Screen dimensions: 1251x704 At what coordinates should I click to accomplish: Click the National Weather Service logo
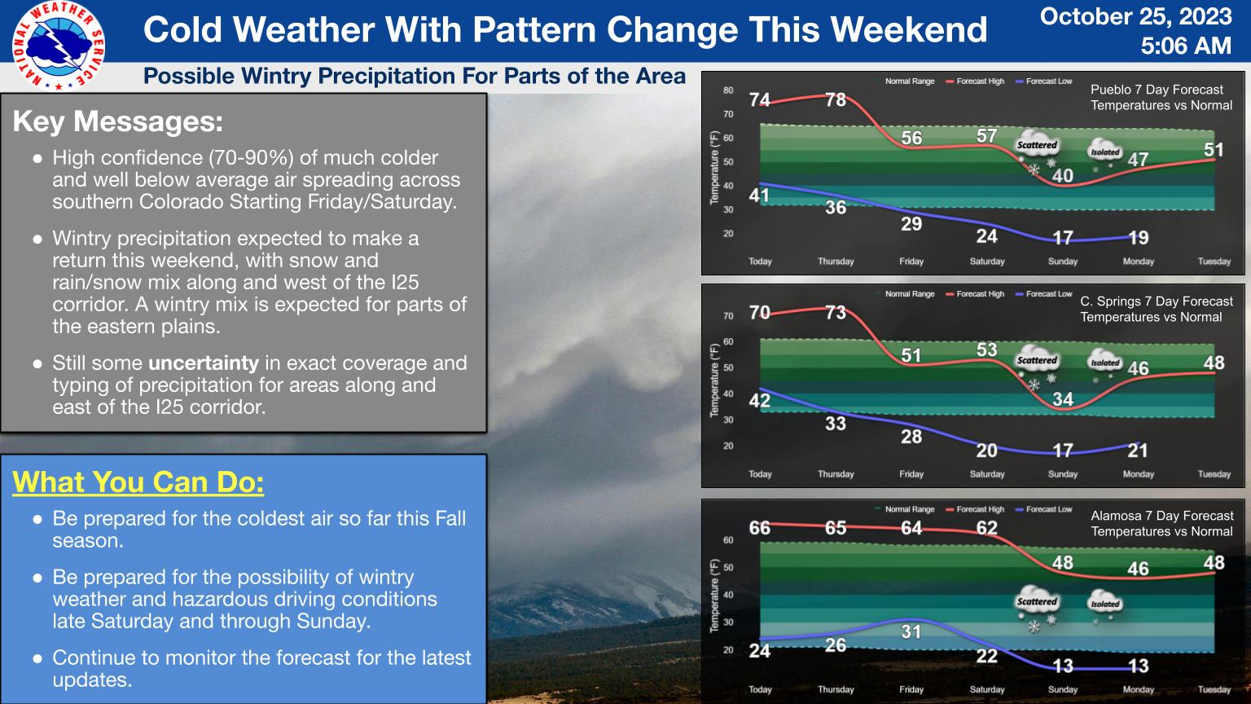tap(58, 46)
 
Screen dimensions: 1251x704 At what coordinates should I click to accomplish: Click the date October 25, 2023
tap(1136, 16)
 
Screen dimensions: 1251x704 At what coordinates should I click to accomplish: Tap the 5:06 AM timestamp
tap(1186, 46)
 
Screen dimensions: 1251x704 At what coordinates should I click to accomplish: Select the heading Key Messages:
tap(118, 121)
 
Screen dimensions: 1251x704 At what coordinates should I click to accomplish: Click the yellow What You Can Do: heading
tap(138, 482)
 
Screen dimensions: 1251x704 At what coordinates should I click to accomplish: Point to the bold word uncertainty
tap(204, 363)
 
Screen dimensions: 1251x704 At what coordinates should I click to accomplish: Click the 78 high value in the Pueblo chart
tap(836, 99)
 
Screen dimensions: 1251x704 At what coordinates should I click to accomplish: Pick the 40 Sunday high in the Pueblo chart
tap(1062, 175)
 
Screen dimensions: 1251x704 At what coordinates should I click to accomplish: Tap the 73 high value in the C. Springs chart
tap(836, 312)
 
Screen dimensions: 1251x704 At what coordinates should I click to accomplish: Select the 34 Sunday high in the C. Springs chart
tap(1062, 399)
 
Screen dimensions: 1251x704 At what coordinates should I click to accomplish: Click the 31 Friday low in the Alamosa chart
tap(911, 632)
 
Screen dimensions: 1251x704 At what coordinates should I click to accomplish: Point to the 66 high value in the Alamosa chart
tap(760, 528)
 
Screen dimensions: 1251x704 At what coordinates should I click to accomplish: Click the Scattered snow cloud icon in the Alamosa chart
tap(1037, 608)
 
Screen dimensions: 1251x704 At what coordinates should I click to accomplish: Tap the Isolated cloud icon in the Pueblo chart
tap(1104, 154)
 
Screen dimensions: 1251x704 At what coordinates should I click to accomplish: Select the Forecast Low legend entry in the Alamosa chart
tap(1044, 509)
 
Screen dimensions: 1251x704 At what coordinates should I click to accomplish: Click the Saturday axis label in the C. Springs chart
tap(987, 474)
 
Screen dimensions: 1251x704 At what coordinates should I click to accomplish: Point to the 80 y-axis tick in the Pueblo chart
tap(728, 90)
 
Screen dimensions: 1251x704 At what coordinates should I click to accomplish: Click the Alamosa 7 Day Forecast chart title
tap(1161, 516)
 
